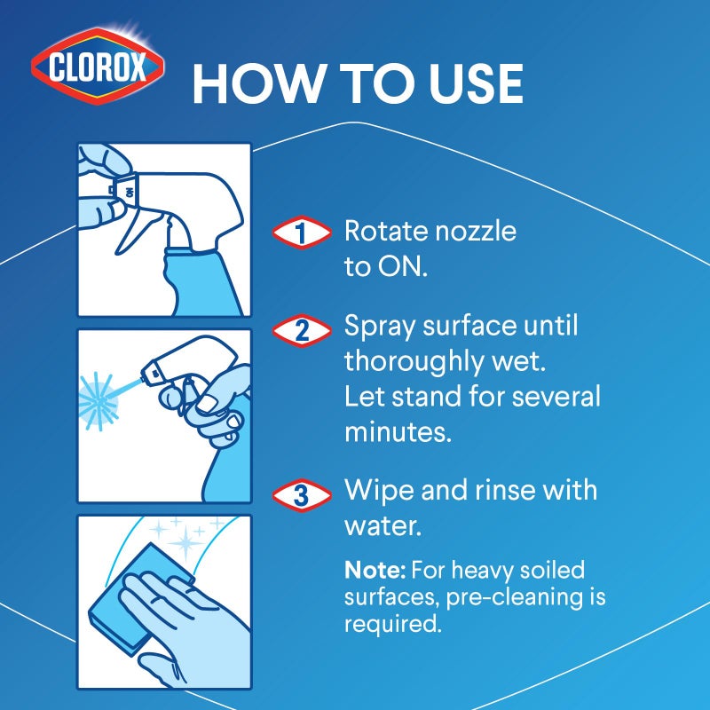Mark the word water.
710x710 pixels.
click(380, 525)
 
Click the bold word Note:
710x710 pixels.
click(370, 569)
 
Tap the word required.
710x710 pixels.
click(391, 624)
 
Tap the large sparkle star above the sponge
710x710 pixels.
click(186, 541)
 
